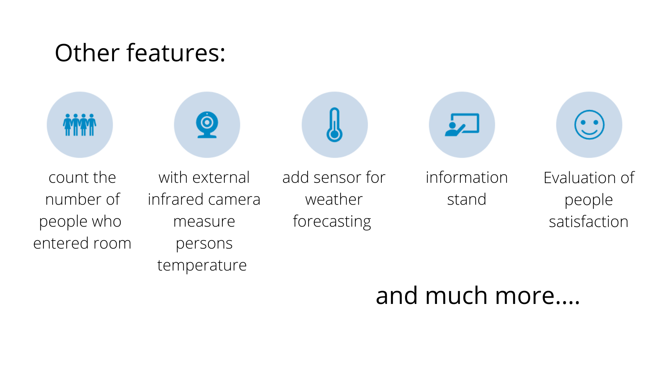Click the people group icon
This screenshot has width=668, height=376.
click(80, 125)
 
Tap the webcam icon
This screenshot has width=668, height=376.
click(207, 125)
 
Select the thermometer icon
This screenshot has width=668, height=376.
click(334, 125)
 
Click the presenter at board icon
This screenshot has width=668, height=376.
click(462, 125)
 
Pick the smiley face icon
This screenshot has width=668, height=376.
click(589, 125)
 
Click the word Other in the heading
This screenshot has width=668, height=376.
click(87, 53)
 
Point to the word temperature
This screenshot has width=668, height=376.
click(202, 266)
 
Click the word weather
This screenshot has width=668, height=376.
click(334, 199)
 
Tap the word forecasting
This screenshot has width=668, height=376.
click(332, 222)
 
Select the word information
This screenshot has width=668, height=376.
click(467, 178)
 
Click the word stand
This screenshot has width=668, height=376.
click(467, 199)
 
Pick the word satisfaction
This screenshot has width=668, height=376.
click(589, 222)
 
